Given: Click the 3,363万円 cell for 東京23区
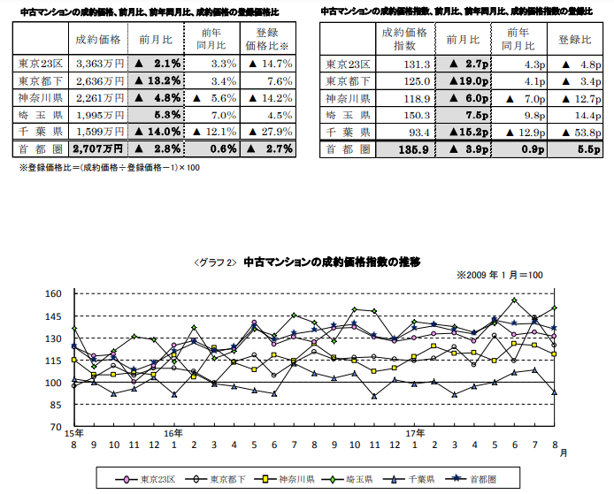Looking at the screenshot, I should coord(99,64).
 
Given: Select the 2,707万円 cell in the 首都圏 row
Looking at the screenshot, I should coord(99,148).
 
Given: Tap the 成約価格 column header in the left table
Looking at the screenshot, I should coord(98,40).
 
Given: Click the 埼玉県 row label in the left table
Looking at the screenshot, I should coord(40,114).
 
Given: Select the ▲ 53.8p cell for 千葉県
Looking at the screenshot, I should coord(580,132).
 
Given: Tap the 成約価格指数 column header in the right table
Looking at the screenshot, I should coord(405,40).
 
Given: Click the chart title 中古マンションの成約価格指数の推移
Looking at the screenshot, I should coord(331,262).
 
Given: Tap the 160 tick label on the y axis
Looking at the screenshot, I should coord(56,294).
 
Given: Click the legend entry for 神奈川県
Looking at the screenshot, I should coord(293,481).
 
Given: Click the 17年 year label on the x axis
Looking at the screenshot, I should coord(414,433).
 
